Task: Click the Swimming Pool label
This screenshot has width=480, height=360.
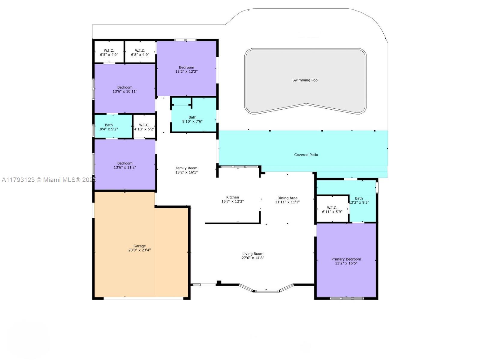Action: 305,80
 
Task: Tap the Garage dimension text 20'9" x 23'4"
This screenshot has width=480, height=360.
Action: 140,250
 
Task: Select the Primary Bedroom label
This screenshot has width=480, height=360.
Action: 346,259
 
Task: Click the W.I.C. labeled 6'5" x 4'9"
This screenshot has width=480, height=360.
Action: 109,53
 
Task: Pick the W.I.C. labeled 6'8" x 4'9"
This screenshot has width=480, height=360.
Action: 140,53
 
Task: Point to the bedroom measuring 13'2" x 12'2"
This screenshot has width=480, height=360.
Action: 186,70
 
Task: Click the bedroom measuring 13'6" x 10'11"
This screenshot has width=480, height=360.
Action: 125,89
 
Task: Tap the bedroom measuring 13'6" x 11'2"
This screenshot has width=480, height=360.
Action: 125,165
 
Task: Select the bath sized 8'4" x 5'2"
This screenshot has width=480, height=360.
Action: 109,127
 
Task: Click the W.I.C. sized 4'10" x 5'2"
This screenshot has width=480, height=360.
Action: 144,127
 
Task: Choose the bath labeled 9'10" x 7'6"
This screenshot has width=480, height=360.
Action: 192,119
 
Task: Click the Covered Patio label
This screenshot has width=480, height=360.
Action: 306,155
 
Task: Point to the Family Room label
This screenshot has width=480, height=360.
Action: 186,168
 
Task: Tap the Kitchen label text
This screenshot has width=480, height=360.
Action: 233,197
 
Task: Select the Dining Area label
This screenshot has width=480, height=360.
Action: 287,198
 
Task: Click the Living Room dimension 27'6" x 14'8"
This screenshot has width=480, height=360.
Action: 253,258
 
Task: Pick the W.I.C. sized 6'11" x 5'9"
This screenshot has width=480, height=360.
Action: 332,210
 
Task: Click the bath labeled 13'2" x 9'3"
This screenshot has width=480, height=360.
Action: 359,200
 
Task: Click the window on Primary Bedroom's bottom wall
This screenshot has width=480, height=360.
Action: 347,298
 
